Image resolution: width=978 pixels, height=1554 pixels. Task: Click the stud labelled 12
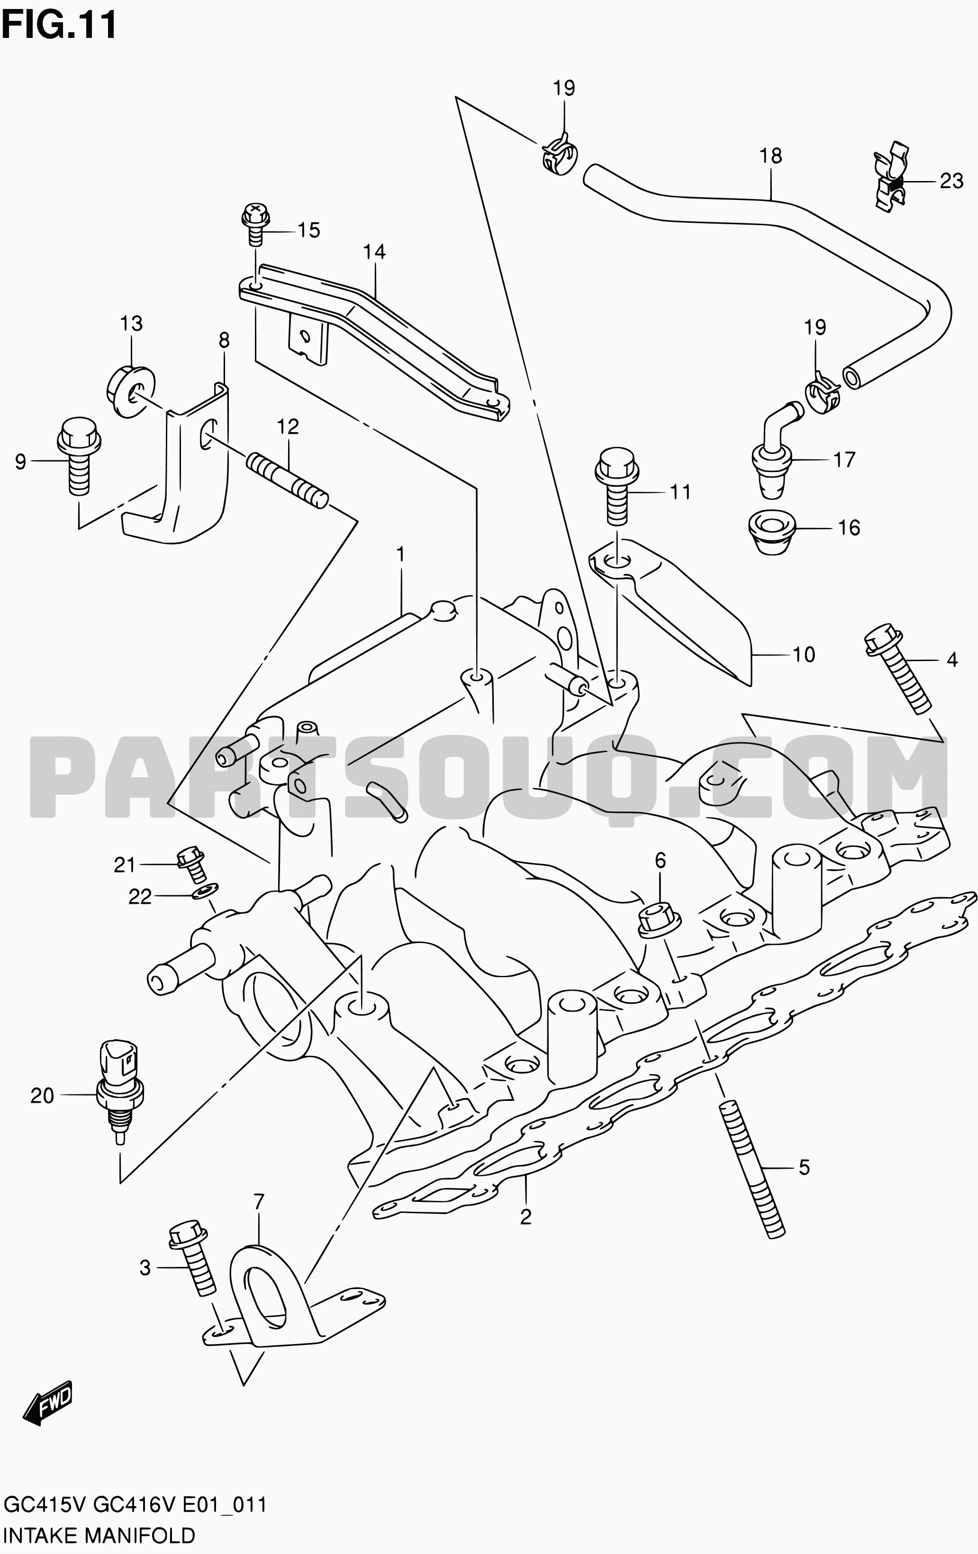coord(287,482)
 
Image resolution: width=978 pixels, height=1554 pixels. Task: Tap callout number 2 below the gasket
coord(526,1217)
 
